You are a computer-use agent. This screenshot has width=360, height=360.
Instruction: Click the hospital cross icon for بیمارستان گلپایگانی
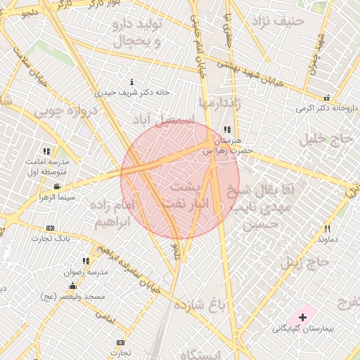coord(303,318)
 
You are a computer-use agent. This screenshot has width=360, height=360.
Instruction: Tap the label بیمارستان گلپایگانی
coord(303,328)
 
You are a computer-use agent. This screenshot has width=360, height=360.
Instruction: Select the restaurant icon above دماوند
coord(327,229)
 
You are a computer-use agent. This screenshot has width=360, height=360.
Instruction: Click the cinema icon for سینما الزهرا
coord(57,186)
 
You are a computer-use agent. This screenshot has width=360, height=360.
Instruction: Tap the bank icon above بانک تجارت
coord(50,229)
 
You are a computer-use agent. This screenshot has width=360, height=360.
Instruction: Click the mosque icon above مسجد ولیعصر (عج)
coord(73,286)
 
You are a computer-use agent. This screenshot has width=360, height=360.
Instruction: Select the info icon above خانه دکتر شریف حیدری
coord(132,82)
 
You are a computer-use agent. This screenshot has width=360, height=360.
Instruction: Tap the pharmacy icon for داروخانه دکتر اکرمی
coord(326,98)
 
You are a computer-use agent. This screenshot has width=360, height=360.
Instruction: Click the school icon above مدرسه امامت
coord(46,151)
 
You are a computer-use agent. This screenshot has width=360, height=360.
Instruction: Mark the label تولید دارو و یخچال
coord(139,33)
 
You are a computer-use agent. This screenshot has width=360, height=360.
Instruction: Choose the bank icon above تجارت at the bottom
coord(120,342)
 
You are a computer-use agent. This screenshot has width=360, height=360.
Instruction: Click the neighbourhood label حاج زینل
coord(305,263)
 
